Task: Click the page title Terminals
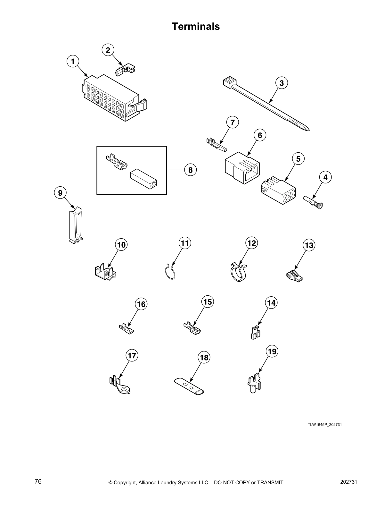coord(196,26)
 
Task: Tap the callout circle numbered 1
coord(73,62)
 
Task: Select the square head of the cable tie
coord(230,82)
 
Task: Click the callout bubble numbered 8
coord(191,170)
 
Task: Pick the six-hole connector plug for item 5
coord(278,192)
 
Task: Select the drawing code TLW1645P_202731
coord(324,424)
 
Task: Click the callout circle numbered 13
coord(309,245)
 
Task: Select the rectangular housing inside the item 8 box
coord(143,179)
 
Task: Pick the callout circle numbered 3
coord(282,83)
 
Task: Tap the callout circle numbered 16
coord(141,304)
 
